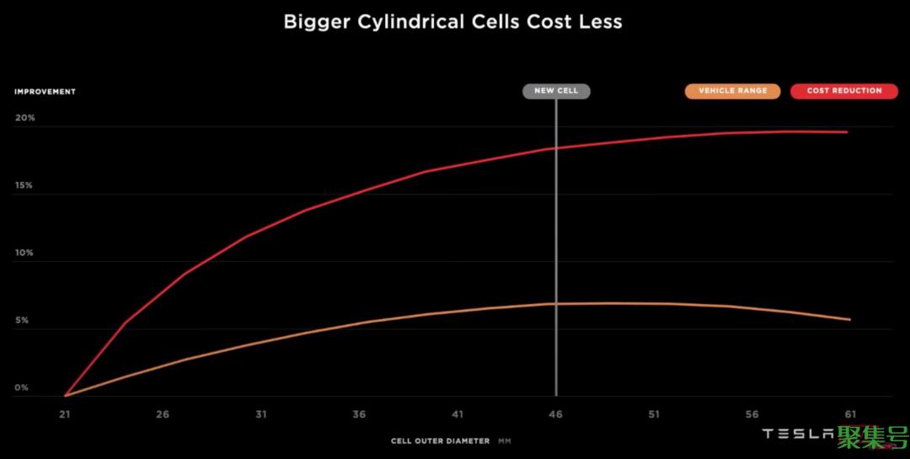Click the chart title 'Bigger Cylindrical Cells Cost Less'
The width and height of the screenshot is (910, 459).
point(452,22)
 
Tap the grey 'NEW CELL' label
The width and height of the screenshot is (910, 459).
point(556,91)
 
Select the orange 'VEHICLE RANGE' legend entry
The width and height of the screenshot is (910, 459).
point(732,91)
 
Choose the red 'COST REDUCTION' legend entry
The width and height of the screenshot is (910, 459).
point(843,91)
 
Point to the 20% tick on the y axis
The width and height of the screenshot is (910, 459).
point(24,118)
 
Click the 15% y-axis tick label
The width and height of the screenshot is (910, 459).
point(24,185)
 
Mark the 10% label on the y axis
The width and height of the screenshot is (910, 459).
point(24,253)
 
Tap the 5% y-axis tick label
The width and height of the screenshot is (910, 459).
point(21,321)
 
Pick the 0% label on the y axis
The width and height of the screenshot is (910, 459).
point(21,388)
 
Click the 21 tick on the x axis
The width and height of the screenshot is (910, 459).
point(65,414)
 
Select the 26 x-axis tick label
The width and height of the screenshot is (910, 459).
point(163,414)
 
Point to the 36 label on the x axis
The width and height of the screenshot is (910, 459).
point(360,414)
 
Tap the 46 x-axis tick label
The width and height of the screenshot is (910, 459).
point(556,414)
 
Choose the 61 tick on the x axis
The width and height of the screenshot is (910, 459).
point(850,414)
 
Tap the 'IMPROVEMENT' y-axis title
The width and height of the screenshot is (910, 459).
point(45,92)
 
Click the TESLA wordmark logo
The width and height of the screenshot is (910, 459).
point(797,434)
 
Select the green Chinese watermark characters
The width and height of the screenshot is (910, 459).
point(872,435)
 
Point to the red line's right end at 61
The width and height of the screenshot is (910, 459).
point(848,132)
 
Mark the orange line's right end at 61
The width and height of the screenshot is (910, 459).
point(849,320)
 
